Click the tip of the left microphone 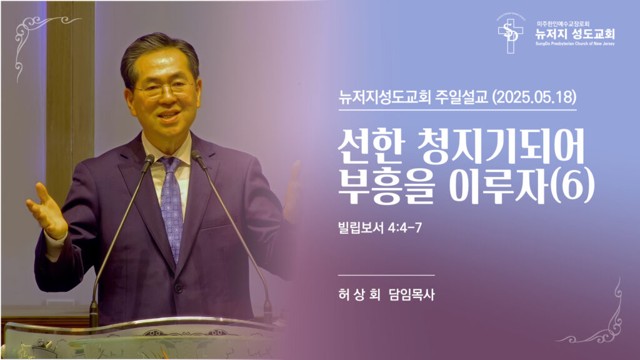(x=149, y=159)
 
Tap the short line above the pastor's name (x=386, y=275)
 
